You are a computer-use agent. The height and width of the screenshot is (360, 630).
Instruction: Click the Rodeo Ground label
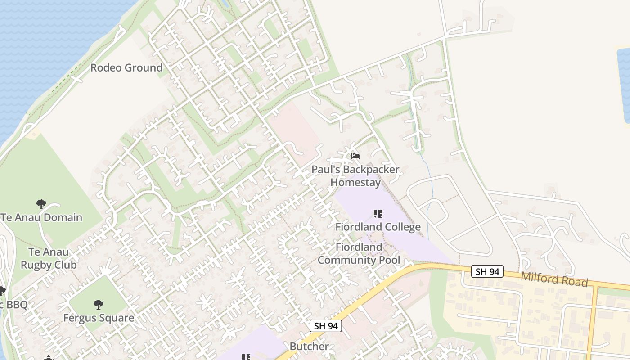point(126,68)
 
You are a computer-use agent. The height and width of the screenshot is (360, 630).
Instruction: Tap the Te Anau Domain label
point(41,218)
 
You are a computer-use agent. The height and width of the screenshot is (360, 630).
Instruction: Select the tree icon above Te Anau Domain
point(41,204)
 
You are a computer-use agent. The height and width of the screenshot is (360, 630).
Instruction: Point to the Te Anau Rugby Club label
point(49,258)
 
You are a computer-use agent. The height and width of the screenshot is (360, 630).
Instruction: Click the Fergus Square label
point(99,318)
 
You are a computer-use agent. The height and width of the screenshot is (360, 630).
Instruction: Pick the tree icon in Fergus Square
point(99,305)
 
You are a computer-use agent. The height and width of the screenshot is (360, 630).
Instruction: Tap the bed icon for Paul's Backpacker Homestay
point(355,156)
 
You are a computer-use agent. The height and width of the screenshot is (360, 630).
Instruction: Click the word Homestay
point(355,183)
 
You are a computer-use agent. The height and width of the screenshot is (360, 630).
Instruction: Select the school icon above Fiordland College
point(378,213)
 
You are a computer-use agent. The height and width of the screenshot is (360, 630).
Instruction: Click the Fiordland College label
point(378,227)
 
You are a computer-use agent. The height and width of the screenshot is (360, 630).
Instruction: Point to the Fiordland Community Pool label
point(359,254)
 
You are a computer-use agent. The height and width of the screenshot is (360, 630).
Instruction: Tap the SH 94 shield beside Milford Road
point(487,271)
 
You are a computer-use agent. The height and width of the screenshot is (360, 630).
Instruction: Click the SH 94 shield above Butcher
point(326,326)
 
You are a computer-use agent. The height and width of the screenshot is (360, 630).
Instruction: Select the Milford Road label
point(554,279)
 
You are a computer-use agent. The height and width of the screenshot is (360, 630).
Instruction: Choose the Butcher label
point(309,346)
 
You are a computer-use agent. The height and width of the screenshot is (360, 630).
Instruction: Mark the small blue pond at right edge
point(624,85)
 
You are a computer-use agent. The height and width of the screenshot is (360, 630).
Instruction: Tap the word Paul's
point(327,170)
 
